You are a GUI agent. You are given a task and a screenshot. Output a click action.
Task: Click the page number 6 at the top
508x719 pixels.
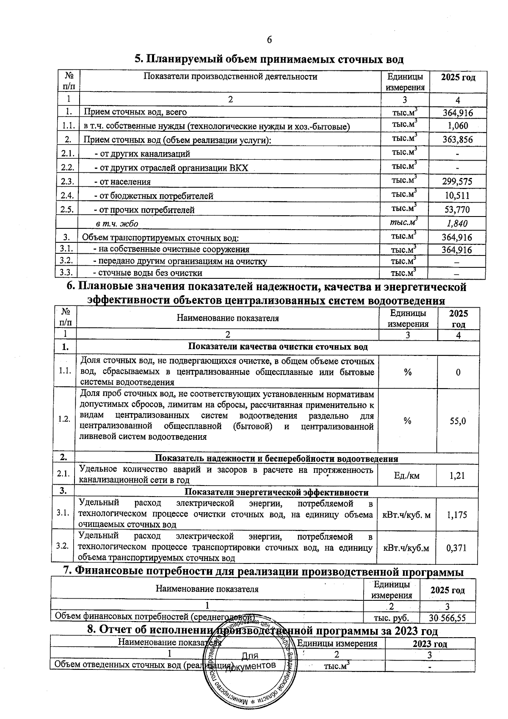[269, 40]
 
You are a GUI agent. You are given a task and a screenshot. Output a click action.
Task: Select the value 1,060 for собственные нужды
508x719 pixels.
[458, 126]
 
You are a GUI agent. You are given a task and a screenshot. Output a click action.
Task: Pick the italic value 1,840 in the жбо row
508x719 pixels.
[457, 223]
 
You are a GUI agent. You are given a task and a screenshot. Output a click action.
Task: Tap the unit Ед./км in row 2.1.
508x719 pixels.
[406, 476]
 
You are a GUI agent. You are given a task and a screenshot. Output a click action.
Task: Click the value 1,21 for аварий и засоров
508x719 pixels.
[457, 476]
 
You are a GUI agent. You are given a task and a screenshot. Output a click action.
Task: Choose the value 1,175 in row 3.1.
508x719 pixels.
[457, 515]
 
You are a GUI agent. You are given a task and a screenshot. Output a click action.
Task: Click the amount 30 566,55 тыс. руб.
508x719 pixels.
[447, 618]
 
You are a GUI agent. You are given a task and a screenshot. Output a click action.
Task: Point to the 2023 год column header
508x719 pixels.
[430, 644]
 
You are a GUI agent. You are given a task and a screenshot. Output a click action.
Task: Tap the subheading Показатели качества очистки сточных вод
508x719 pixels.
[278, 347]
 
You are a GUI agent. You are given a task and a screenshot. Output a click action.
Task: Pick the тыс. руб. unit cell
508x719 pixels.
[391, 618]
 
